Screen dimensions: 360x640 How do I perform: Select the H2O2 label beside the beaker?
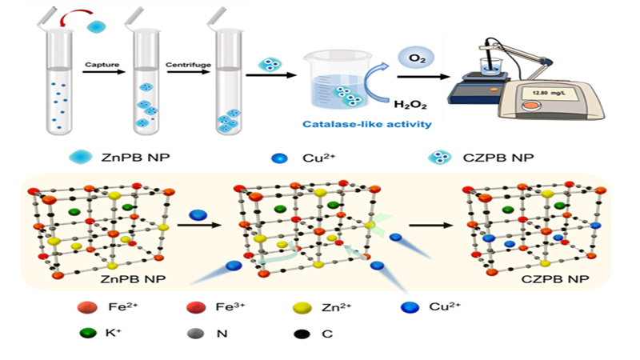point(406,102)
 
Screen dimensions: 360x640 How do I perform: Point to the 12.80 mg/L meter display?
point(550,93)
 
